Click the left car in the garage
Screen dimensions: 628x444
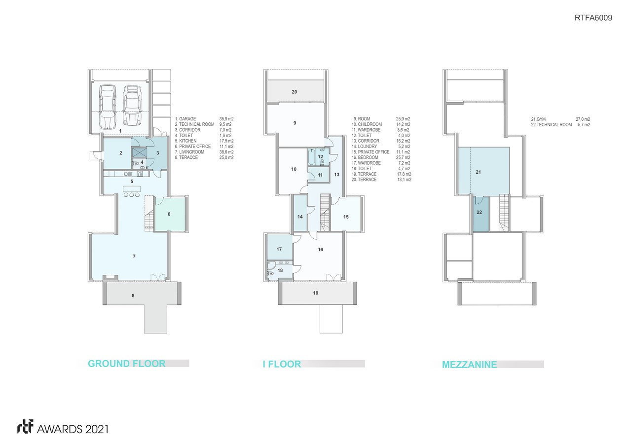pos(108,106)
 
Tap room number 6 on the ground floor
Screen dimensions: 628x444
pos(169,214)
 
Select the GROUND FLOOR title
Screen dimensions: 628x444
pos(127,364)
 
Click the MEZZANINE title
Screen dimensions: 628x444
pos(469,365)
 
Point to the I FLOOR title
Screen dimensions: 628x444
pos(282,364)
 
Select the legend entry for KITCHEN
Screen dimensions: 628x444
pos(185,141)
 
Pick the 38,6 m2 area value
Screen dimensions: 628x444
pos(226,152)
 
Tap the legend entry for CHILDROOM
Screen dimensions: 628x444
pos(367,124)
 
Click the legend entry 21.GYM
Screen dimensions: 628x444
pos(538,119)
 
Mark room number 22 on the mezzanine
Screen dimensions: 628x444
pos(479,212)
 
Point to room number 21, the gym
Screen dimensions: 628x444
pos(479,172)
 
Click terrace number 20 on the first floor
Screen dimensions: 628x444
pos(295,92)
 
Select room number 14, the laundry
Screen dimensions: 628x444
pos(300,217)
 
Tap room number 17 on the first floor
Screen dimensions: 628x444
pos(279,249)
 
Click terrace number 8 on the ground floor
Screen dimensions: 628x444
pos(133,296)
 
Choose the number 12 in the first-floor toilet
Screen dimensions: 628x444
pos(320,157)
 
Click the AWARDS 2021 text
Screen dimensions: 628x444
pos(73,429)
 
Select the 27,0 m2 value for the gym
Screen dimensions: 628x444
pos(583,119)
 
